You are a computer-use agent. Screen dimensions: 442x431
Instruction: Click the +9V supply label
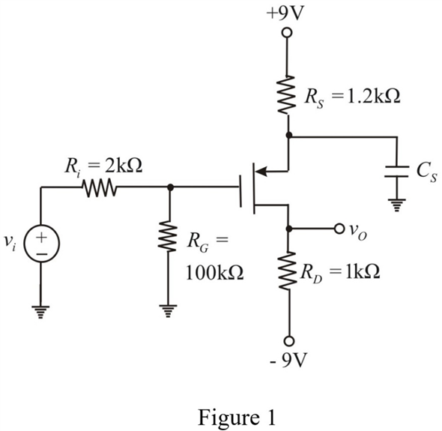click(285, 13)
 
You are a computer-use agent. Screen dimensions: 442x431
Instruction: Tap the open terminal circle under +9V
click(287, 33)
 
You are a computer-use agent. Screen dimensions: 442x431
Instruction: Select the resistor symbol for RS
click(287, 94)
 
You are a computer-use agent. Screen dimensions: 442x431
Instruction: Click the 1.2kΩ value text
click(373, 97)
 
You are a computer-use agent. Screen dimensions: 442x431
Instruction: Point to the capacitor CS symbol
click(396, 172)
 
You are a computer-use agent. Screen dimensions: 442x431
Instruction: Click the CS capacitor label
click(427, 172)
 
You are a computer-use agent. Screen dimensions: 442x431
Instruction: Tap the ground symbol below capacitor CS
click(396, 205)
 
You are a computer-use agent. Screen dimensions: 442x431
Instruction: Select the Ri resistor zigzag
click(99, 187)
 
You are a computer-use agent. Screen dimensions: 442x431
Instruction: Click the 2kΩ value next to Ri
click(123, 166)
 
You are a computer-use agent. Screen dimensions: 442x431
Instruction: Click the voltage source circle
click(42, 243)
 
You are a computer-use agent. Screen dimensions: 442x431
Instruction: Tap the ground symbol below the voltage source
click(40, 312)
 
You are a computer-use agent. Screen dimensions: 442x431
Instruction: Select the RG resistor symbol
click(168, 236)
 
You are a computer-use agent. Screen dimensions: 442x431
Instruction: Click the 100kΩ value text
click(215, 273)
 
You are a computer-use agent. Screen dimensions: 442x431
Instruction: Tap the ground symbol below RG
click(168, 311)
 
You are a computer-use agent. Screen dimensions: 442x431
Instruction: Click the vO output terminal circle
click(339, 228)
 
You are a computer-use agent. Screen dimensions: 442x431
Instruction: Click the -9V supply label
click(288, 360)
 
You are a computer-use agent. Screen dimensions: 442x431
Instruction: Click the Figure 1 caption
click(237, 417)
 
